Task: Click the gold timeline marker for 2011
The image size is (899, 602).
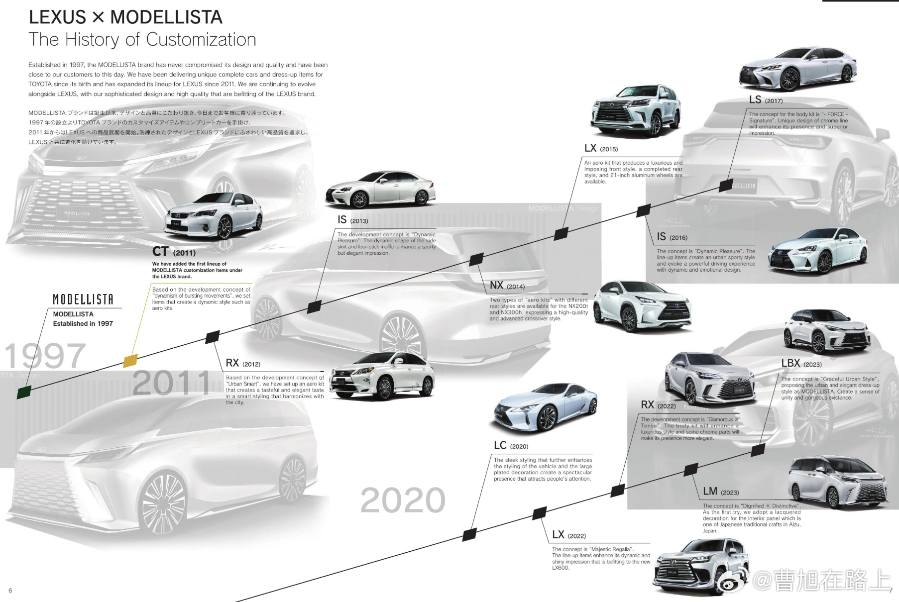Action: click(130, 361)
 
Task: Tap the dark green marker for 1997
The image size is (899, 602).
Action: click(24, 392)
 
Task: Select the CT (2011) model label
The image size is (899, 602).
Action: click(174, 252)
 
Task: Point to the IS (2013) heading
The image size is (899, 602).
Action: click(352, 220)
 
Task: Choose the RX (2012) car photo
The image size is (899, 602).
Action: click(382, 376)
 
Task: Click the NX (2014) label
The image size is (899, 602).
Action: click(507, 286)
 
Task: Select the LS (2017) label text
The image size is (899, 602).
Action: click(766, 100)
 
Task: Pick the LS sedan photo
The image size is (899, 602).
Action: click(797, 70)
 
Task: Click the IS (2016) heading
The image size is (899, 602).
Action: click(672, 237)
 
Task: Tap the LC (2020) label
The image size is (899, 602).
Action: click(511, 446)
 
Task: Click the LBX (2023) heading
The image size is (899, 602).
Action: click(801, 364)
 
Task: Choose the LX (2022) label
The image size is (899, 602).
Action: click(569, 535)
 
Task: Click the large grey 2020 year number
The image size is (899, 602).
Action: click(403, 501)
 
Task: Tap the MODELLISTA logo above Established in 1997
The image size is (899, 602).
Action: click(83, 300)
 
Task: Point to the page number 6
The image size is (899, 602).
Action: click(10, 591)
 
